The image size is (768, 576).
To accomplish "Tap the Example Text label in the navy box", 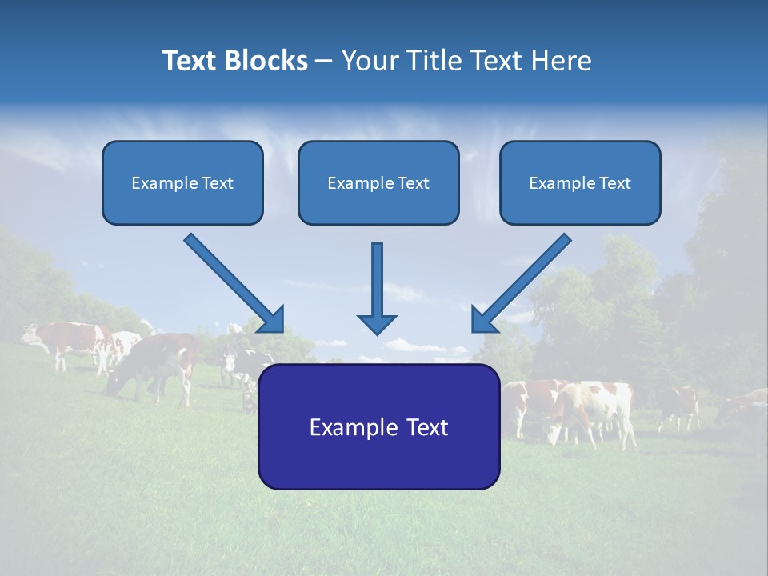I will coord(378,427).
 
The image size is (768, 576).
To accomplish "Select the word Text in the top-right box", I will coord(614,183).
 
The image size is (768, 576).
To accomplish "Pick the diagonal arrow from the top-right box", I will coord(521,283).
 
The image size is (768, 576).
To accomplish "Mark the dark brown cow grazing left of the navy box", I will coord(156,364).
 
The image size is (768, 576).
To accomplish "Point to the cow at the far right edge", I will coord(744,408).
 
